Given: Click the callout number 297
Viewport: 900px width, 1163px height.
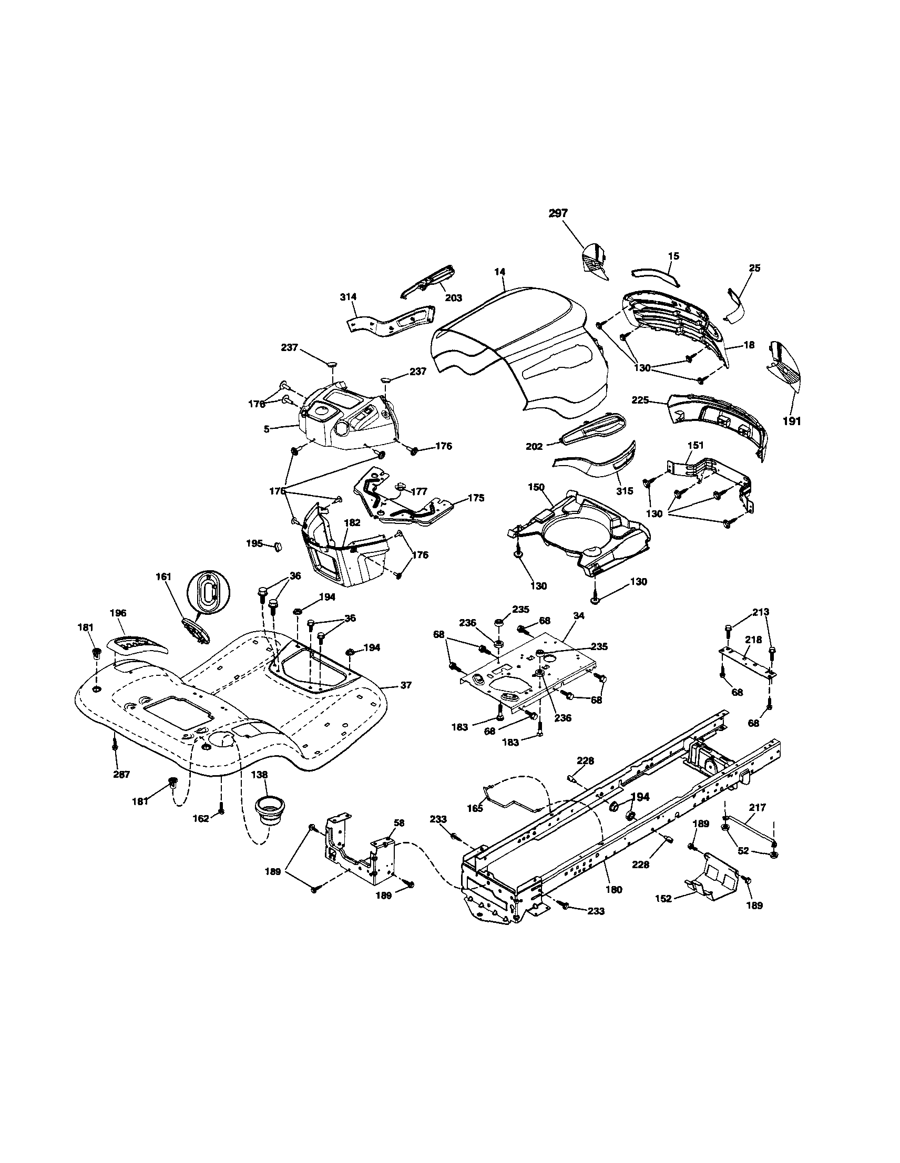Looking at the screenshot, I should click(558, 213).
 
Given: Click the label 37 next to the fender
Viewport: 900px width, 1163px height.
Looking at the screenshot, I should click(406, 685).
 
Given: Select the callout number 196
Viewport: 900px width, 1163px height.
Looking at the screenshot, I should click(118, 613).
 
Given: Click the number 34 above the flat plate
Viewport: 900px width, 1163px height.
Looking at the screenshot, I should click(579, 615).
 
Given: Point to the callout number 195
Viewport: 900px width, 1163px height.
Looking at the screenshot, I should click(255, 544).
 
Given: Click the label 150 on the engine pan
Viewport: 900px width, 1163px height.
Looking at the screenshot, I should click(536, 487).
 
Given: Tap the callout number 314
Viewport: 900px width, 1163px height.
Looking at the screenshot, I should click(349, 296).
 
